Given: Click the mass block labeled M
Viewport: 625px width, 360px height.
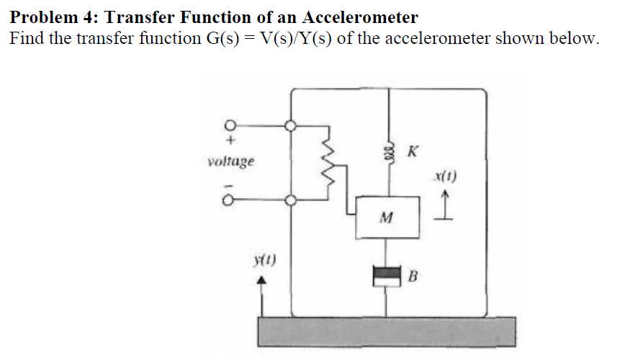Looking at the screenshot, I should [x=389, y=217].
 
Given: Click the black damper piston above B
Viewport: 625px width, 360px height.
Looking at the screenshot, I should [x=389, y=273].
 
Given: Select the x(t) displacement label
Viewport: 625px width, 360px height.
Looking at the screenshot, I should [x=446, y=175].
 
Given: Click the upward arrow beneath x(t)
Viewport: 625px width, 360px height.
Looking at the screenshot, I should [x=446, y=205].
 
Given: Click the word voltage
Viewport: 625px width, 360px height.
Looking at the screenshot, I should [x=230, y=161].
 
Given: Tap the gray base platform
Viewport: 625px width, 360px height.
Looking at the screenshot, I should [x=385, y=332].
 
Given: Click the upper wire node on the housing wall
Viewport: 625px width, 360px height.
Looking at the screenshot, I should [x=291, y=125].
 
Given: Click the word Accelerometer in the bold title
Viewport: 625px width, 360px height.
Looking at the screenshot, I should [x=359, y=16].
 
